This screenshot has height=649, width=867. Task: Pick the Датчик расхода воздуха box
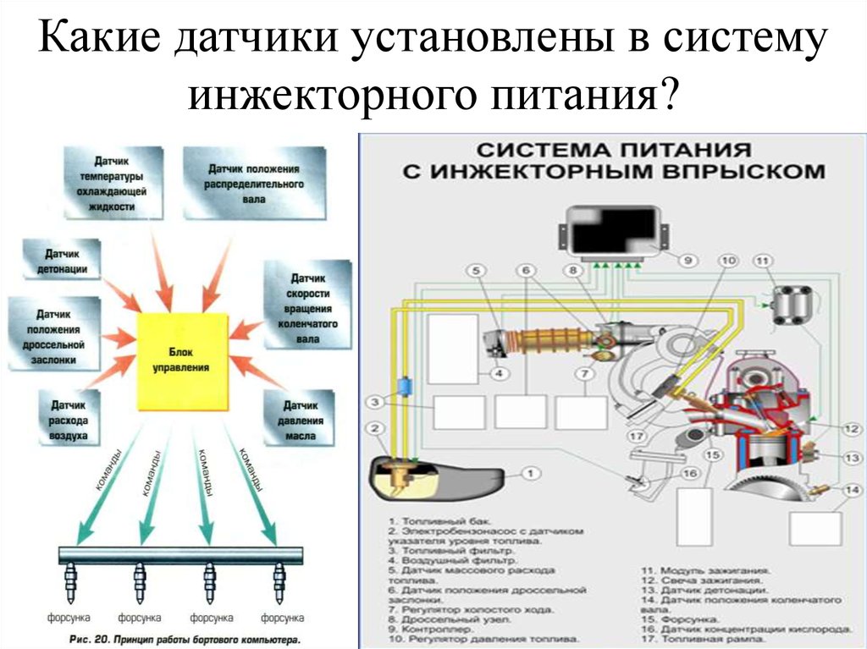69,417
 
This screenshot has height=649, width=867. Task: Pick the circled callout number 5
476,270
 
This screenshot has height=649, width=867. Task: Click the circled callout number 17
638,437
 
